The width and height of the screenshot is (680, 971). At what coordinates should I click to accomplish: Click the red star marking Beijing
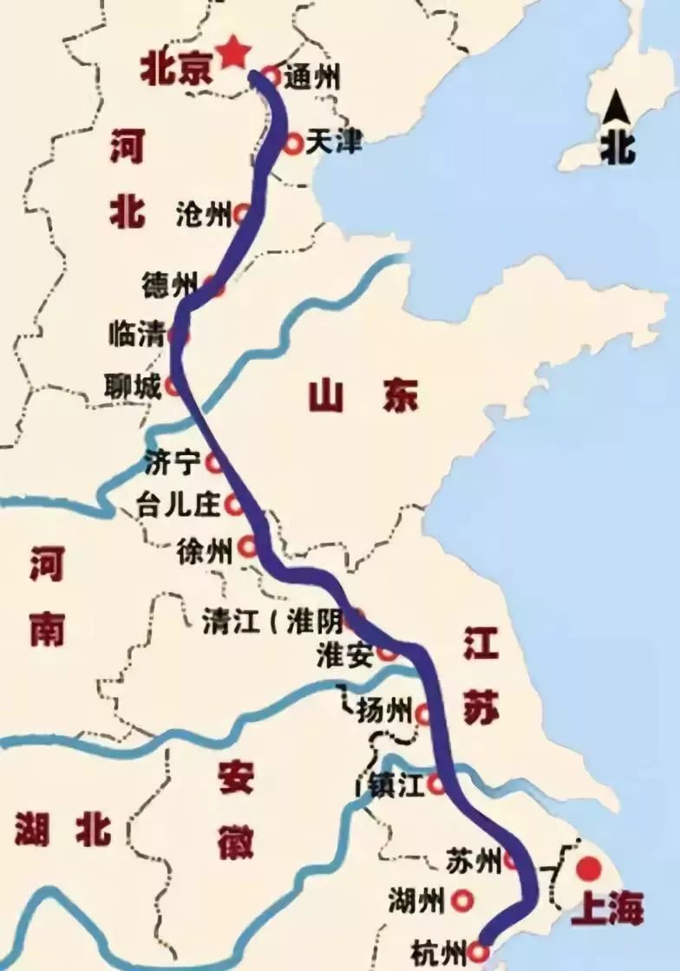pyautogui.click(x=232, y=55)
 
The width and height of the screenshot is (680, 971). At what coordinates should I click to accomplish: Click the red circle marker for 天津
pyautogui.click(x=293, y=142)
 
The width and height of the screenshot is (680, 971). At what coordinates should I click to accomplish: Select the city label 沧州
pyautogui.click(x=203, y=212)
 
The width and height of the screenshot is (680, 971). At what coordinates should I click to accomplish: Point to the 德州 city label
pyautogui.click(x=170, y=283)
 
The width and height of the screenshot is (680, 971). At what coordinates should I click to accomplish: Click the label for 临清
pyautogui.click(x=136, y=334)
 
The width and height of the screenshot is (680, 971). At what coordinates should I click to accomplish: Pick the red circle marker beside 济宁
pyautogui.click(x=213, y=463)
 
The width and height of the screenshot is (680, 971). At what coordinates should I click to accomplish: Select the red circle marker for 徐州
pyautogui.click(x=248, y=547)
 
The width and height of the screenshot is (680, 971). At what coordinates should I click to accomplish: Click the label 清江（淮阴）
pyautogui.click(x=271, y=621)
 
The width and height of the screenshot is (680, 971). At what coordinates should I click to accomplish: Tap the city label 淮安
pyautogui.click(x=344, y=655)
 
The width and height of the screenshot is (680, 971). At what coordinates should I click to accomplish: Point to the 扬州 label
pyautogui.click(x=384, y=712)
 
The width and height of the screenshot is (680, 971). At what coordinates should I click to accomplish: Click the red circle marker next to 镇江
pyautogui.click(x=438, y=785)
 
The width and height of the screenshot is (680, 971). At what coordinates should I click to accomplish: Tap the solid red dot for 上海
pyautogui.click(x=589, y=867)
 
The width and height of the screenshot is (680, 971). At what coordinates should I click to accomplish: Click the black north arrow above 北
pyautogui.click(x=618, y=109)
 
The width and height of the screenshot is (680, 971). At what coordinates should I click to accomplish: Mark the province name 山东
pyautogui.click(x=363, y=397)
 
